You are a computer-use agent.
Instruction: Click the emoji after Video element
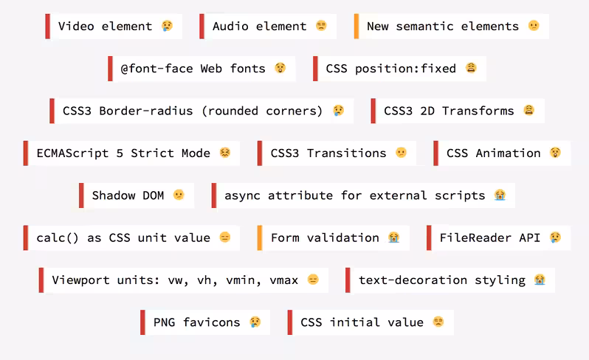point(167,26)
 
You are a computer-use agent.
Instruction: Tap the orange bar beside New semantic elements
point(356,27)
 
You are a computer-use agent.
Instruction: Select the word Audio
point(230,27)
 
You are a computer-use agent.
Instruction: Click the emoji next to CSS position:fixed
point(471,68)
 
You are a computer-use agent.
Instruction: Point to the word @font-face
point(156,69)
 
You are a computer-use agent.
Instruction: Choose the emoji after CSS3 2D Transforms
point(529,111)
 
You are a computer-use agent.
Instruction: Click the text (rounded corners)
point(262,111)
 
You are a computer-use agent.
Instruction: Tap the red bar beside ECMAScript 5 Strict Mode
point(26,153)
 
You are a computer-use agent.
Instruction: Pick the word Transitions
point(346,153)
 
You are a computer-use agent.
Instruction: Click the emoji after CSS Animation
point(555,153)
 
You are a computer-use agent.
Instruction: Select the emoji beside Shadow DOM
point(179,195)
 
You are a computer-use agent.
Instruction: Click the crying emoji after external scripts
point(500,195)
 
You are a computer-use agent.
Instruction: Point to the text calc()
point(58,238)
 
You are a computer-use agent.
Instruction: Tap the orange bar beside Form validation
point(260,238)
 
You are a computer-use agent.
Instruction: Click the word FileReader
point(475,238)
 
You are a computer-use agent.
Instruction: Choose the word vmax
point(283,280)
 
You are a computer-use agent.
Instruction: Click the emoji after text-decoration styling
point(540,280)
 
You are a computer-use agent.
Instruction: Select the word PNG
point(164,322)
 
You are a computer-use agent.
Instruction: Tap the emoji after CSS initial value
point(438,322)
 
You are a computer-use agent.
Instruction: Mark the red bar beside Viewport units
point(41,280)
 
